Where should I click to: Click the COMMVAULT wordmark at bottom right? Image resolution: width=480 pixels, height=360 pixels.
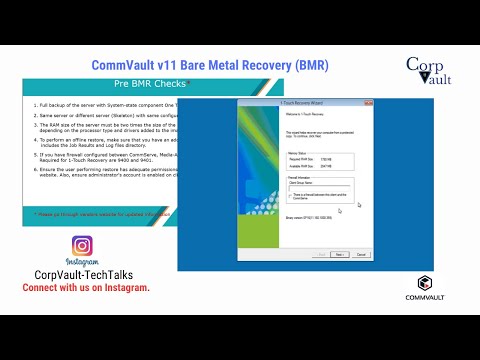425,297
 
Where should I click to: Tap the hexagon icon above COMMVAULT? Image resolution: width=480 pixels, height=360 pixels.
425,282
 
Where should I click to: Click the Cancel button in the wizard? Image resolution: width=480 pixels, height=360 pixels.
361,255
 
